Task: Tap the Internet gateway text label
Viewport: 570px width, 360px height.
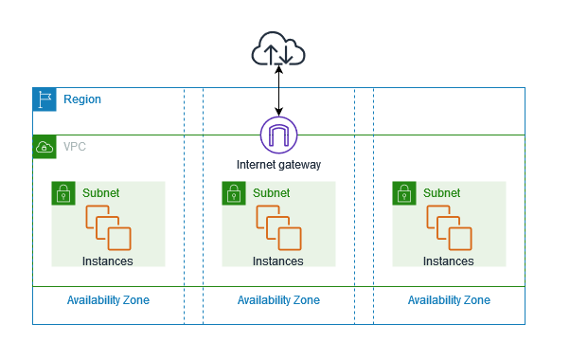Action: tap(278, 165)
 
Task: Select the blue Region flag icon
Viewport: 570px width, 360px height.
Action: tap(45, 99)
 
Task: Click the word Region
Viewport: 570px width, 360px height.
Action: tap(82, 99)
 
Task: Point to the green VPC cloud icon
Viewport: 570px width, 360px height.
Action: tap(45, 147)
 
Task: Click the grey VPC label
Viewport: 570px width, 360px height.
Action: tap(75, 147)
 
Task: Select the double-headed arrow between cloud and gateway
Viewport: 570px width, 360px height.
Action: tap(278, 91)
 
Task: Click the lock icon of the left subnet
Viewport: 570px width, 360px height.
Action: tap(63, 193)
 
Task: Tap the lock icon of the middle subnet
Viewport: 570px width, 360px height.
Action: tap(234, 193)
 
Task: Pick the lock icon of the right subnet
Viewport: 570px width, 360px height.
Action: tap(404, 193)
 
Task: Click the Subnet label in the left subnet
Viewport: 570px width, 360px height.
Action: tap(100, 192)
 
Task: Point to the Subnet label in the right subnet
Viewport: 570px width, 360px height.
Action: tap(441, 192)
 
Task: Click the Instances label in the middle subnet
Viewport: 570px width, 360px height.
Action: tap(278, 261)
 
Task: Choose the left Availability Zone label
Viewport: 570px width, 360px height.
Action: tap(108, 300)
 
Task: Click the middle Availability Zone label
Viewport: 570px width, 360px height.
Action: tap(278, 300)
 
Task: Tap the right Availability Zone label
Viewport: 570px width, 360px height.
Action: tap(449, 300)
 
